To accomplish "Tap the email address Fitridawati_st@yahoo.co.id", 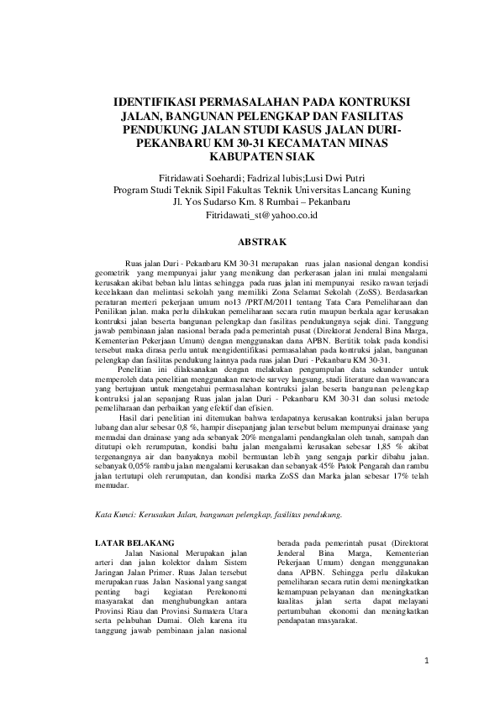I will [x=250, y=216].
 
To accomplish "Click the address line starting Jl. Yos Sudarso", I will [x=250, y=202].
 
